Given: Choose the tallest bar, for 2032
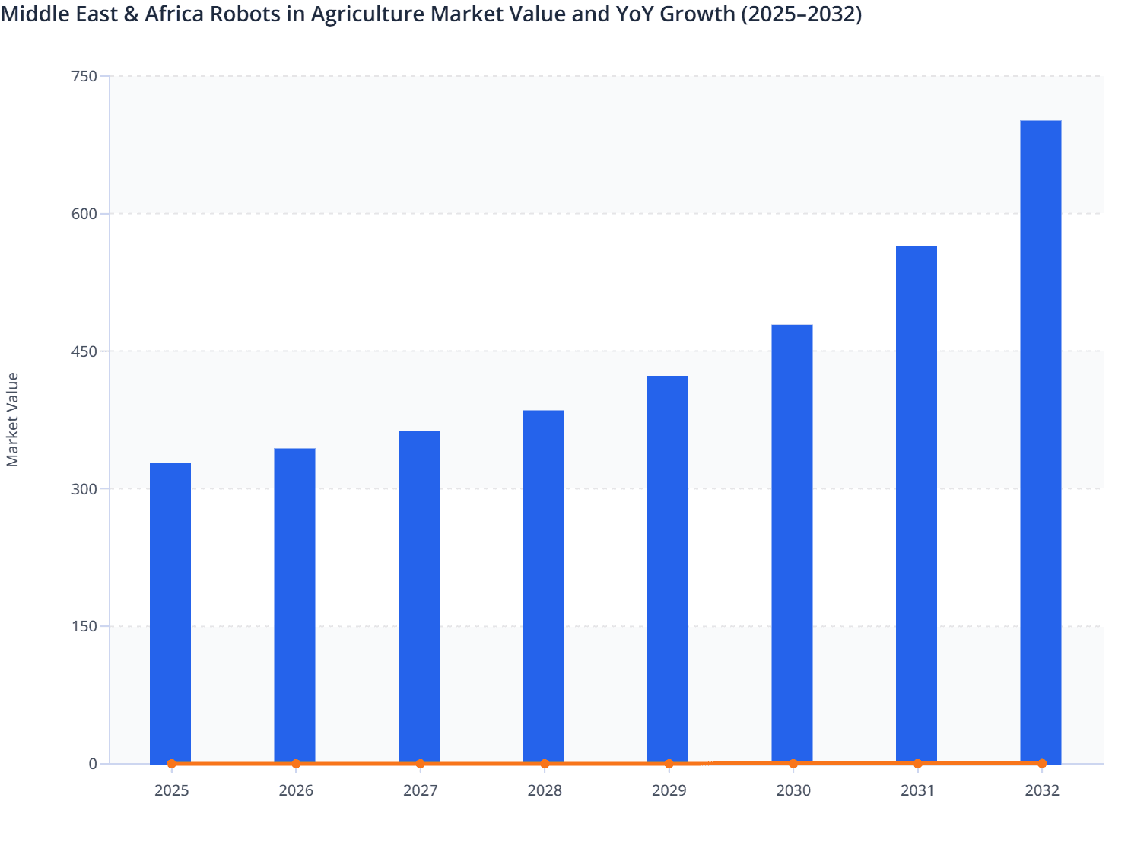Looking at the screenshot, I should [x=1041, y=441].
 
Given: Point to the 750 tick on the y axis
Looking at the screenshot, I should [x=84, y=76].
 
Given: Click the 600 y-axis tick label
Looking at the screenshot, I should [x=84, y=214].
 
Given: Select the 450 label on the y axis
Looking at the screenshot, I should [x=84, y=351].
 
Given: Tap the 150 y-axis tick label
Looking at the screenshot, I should [x=84, y=627].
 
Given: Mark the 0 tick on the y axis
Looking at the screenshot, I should [x=93, y=764].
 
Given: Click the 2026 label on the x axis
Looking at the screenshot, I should [x=296, y=790].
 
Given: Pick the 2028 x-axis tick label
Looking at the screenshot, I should [x=545, y=790].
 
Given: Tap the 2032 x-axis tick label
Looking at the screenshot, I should [x=1042, y=790].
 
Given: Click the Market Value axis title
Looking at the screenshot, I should [x=12, y=419].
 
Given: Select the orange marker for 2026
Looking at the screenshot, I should [x=296, y=764].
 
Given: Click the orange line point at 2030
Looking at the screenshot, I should [x=793, y=763].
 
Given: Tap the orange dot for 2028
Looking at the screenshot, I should [x=545, y=764].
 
